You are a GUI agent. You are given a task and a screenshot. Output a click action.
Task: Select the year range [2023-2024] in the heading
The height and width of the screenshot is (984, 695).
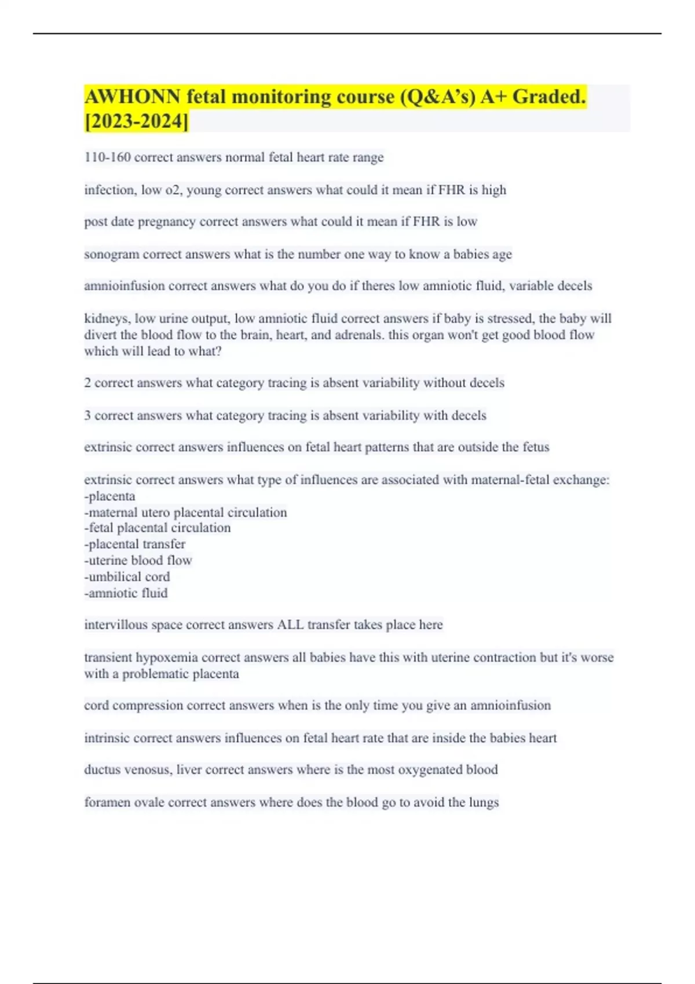point(137,122)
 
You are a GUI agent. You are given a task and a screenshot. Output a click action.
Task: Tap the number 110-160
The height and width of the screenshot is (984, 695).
point(107,157)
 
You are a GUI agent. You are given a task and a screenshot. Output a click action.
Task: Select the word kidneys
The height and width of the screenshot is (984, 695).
point(107,318)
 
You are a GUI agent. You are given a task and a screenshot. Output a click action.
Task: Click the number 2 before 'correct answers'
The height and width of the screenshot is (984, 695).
point(87,383)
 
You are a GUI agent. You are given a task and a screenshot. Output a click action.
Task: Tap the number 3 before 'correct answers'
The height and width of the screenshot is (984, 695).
point(87,416)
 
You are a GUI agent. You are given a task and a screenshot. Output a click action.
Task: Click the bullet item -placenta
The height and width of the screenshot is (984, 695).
point(110,497)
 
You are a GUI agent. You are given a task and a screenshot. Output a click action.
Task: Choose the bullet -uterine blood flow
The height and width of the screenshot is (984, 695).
point(138,560)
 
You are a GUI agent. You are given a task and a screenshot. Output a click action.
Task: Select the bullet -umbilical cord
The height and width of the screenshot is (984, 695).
point(127,577)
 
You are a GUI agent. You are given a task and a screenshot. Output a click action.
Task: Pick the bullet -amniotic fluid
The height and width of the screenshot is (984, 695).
point(126,593)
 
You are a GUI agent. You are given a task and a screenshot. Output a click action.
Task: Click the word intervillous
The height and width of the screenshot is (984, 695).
point(116,625)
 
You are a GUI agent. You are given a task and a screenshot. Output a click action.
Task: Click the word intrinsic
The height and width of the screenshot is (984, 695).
point(107,738)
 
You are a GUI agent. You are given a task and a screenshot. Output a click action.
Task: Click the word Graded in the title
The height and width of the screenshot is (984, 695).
point(548,97)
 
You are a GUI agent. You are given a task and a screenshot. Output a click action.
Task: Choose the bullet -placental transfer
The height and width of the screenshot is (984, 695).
point(135,544)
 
